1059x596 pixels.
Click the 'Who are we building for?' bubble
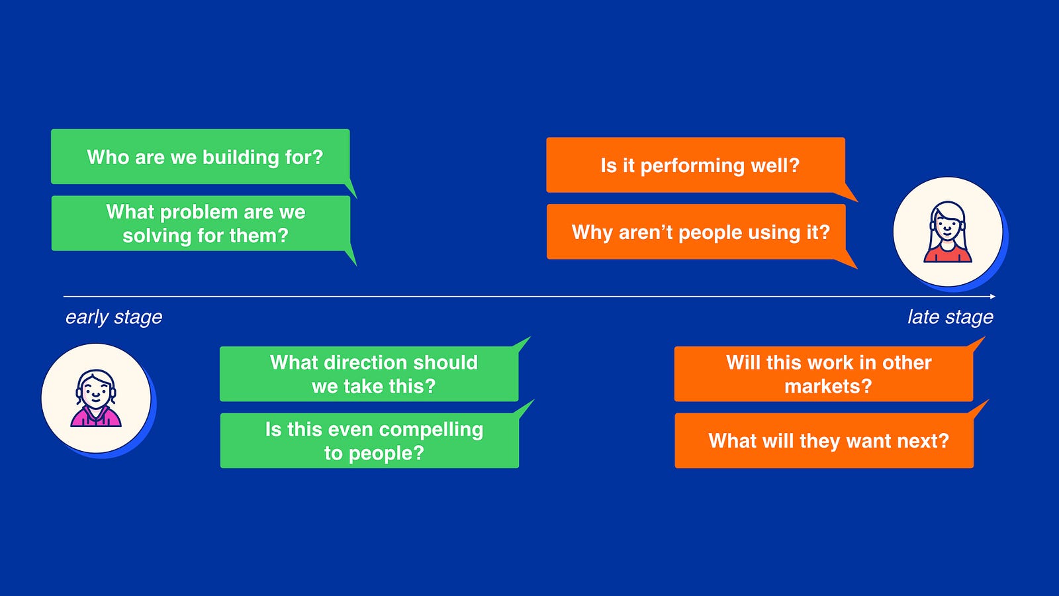click(x=201, y=156)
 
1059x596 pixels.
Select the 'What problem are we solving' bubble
click(x=201, y=223)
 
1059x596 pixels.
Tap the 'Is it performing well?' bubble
click(x=696, y=165)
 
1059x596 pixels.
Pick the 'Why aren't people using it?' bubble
click(x=696, y=232)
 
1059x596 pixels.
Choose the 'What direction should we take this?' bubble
click(x=369, y=373)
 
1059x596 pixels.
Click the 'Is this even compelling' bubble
click(x=370, y=440)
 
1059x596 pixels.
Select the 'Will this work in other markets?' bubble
click(x=823, y=373)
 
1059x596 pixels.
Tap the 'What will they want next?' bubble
click(x=824, y=440)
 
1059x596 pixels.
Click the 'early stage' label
click(x=113, y=317)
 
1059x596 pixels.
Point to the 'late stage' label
click(x=950, y=317)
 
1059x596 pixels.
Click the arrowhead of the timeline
click(x=993, y=297)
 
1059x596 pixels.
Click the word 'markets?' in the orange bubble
click(x=828, y=387)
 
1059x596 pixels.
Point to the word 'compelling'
click(x=431, y=430)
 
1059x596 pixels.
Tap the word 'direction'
click(x=361, y=363)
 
